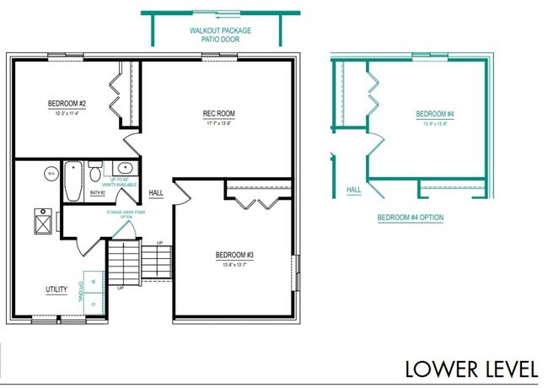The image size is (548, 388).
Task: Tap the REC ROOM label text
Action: click(218, 114)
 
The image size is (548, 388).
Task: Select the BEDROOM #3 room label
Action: click(234, 254)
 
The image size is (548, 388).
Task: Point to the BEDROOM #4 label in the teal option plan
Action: click(435, 114)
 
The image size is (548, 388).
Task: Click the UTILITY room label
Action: click(56, 289)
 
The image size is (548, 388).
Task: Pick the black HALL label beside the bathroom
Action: click(156, 192)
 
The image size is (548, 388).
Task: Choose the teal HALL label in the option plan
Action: click(354, 190)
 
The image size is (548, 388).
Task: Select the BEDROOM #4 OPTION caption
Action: click(410, 218)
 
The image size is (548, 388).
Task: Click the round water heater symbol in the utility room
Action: click(51, 174)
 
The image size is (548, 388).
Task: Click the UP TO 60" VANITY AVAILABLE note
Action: click(125, 184)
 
